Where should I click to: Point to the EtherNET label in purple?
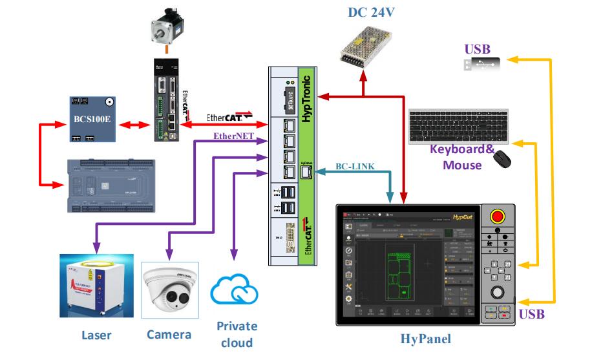click(x=233, y=136)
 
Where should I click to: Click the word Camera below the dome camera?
click(x=169, y=334)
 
